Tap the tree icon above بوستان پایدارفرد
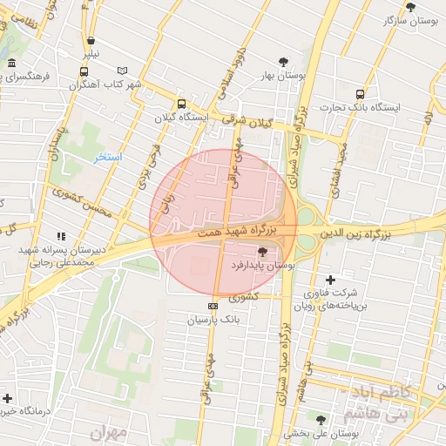point(262,251)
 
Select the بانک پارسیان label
point(213,320)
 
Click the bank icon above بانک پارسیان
point(213,306)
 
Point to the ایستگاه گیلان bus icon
point(180,104)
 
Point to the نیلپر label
point(91,54)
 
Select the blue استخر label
point(109,157)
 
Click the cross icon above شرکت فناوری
point(330,280)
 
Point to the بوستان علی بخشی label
point(322,433)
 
